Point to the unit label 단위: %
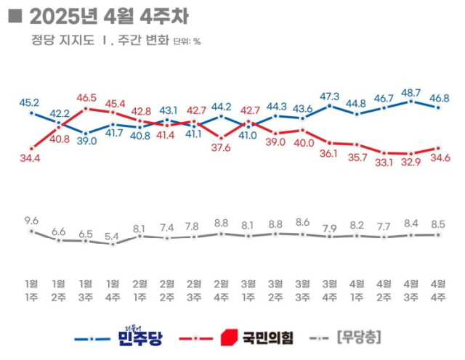tap(187, 41)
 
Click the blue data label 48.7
tap(411, 92)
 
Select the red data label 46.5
tap(86, 97)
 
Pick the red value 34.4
tap(31, 157)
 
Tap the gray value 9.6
tap(31, 220)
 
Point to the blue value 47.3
tap(330, 96)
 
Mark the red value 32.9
tap(411, 164)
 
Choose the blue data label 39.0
tap(86, 141)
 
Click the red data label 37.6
tap(221, 148)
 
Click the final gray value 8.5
tap(438, 224)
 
